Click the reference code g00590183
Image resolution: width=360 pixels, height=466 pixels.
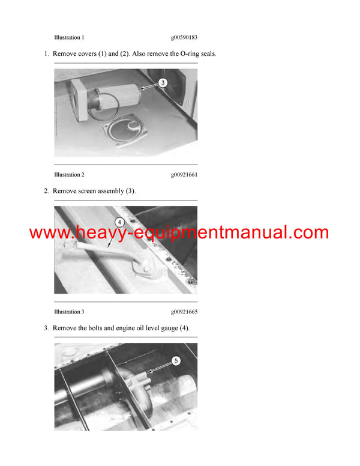point(184,37)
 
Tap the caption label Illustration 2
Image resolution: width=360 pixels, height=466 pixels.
point(69,175)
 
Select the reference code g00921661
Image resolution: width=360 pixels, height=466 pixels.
point(184,175)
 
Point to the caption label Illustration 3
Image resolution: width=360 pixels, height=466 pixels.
point(69,312)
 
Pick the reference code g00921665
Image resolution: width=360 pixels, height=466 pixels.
point(184,312)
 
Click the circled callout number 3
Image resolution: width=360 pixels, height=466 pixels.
point(163,83)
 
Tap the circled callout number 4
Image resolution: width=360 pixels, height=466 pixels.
point(119,222)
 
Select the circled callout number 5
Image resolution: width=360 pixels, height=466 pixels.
point(175,361)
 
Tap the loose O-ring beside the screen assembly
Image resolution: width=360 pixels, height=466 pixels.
point(96,110)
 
